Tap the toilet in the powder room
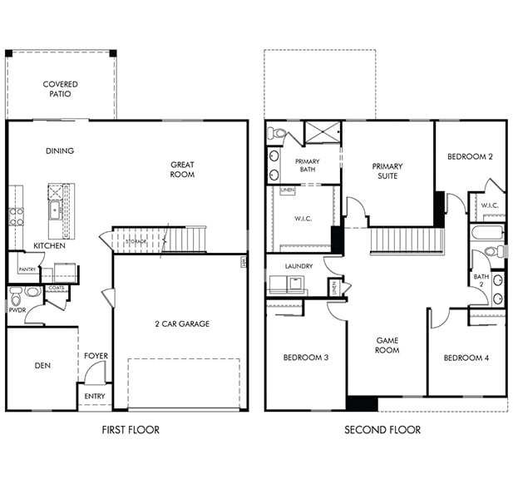[x=32, y=292]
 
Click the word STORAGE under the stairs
[x=136, y=241]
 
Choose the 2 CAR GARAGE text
[x=181, y=323]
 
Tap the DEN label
[x=42, y=364]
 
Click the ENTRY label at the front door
[x=95, y=397]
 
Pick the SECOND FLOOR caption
[x=382, y=430]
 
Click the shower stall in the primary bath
[x=323, y=132]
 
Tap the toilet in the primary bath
[x=278, y=132]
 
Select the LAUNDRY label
[x=298, y=266]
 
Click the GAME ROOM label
[x=387, y=345]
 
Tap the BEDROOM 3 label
[x=305, y=358]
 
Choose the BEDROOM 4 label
[x=466, y=358]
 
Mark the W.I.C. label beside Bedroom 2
[x=489, y=205]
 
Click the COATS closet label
[x=57, y=289]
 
